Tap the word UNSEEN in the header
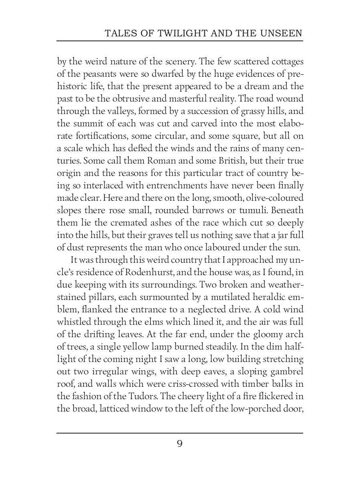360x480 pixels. [282, 34]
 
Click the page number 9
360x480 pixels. [180, 444]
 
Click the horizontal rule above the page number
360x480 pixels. [180, 433]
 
